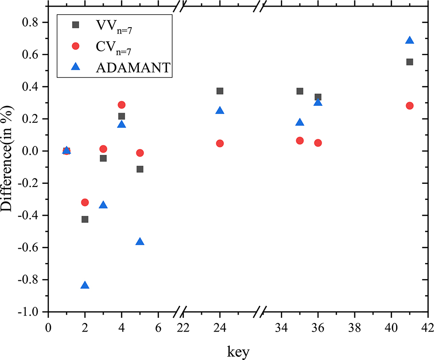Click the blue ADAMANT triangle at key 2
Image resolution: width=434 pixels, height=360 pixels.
[x=85, y=285]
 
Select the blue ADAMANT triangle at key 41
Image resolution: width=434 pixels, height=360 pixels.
[x=410, y=40]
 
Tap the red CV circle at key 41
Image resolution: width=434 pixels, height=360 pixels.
[x=410, y=105]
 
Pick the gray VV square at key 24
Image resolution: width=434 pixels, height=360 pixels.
[x=219, y=91]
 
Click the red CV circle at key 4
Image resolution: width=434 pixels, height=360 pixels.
[x=122, y=105]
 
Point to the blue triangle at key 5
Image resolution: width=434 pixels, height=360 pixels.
[x=140, y=242]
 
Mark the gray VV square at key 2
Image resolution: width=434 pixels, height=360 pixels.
[x=85, y=219]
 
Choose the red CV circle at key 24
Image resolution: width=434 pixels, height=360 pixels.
[x=219, y=143]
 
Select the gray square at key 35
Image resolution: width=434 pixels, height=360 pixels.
[x=300, y=91]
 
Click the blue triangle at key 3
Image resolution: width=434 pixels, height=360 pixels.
[x=103, y=205]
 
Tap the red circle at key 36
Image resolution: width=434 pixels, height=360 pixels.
[x=318, y=143]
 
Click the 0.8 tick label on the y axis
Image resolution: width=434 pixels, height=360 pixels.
[x=33, y=22]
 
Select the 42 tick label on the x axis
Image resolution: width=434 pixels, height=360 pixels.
[x=428, y=328]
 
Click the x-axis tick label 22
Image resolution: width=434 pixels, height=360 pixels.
[x=183, y=328]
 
